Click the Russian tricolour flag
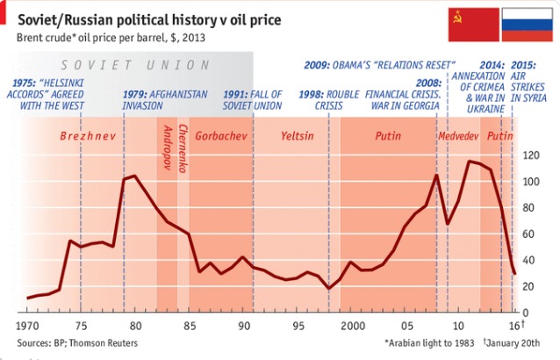(x=527, y=26)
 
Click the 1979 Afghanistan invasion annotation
(x=166, y=98)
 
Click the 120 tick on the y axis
(x=529, y=155)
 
